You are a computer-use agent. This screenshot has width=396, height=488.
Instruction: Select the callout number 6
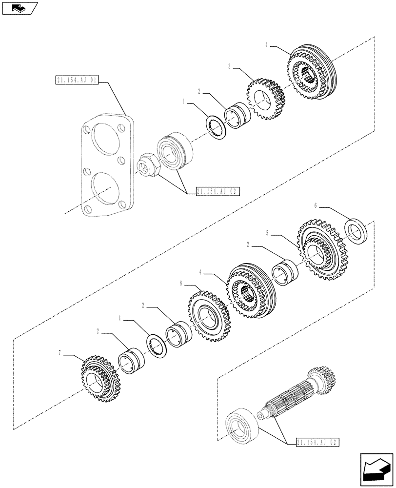click(316, 206)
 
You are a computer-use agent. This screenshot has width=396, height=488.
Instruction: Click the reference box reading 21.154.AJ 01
click(77, 80)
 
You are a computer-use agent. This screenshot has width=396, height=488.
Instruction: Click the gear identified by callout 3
click(266, 100)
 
